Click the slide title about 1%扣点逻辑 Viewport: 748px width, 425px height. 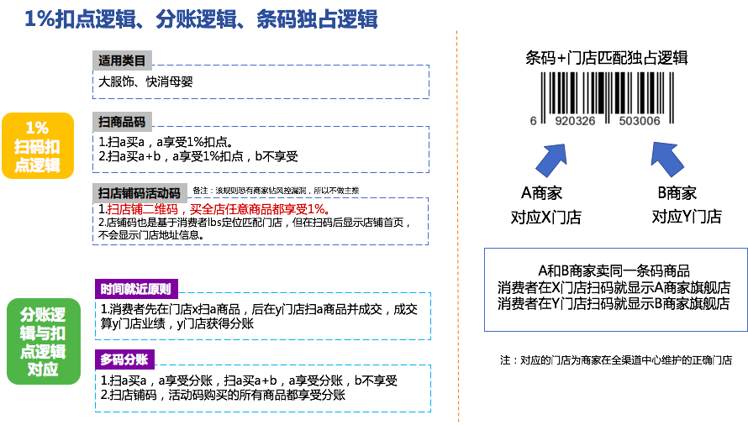[x=201, y=18]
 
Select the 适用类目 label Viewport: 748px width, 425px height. [x=122, y=60]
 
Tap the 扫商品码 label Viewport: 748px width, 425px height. [x=122, y=122]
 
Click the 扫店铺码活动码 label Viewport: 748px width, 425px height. [x=140, y=193]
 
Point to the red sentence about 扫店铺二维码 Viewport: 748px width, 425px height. [x=219, y=209]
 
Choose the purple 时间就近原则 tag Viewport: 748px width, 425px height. [x=135, y=289]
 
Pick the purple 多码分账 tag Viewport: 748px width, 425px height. [x=124, y=359]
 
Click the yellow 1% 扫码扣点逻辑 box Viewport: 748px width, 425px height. [x=37, y=145]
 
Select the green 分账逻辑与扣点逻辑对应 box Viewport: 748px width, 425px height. [x=43, y=341]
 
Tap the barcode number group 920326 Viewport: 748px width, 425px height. [x=575, y=122]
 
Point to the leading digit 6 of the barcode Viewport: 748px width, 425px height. [x=533, y=122]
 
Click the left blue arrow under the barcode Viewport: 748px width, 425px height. [x=552, y=160]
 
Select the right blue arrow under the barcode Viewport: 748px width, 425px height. [x=667, y=159]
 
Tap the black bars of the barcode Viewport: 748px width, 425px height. [x=605, y=92]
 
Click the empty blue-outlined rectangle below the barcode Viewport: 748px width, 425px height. [x=615, y=289]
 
